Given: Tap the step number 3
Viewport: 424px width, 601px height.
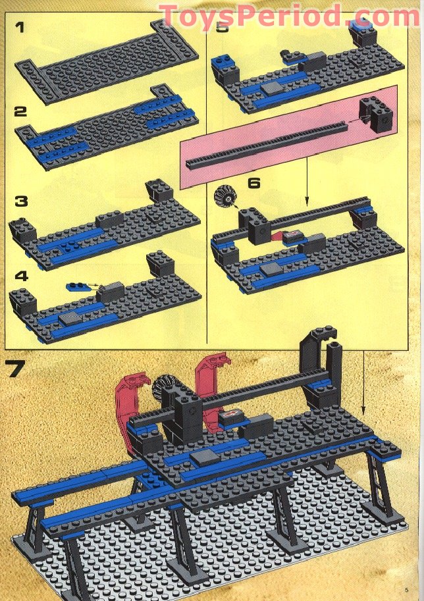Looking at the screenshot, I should click(x=23, y=199).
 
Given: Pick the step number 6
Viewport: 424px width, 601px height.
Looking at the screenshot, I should click(x=253, y=182).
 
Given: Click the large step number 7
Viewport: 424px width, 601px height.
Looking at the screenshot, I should click(x=24, y=368).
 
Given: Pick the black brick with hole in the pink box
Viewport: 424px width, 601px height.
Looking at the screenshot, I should click(x=376, y=117).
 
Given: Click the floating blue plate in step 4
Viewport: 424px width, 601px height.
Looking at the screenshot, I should click(x=79, y=287).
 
